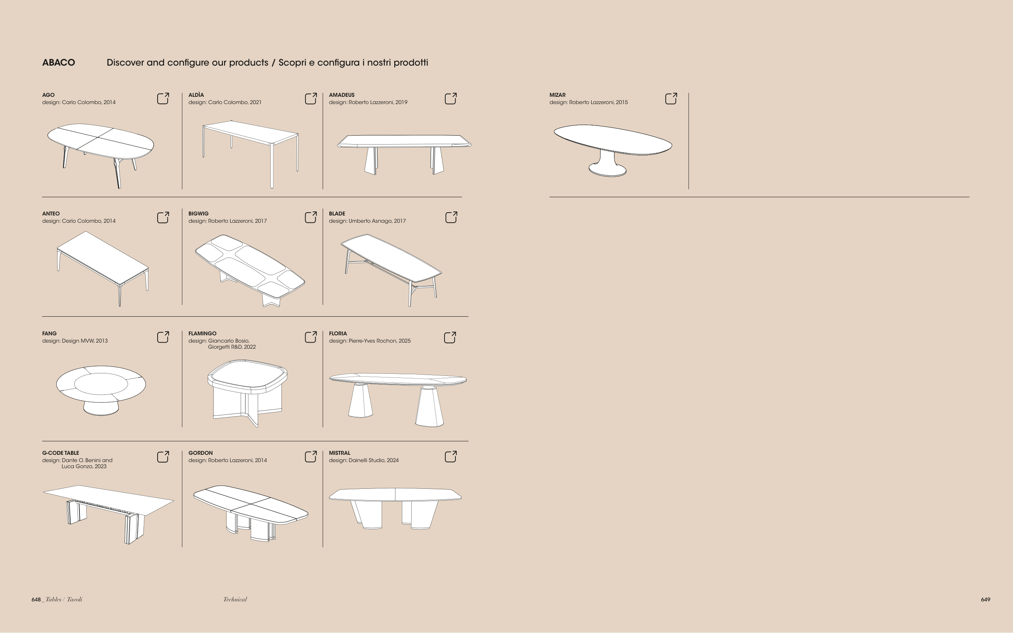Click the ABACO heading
pyautogui.click(x=59, y=63)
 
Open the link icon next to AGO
pyautogui.click(x=163, y=98)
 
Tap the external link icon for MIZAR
pyautogui.click(x=671, y=98)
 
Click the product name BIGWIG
pyautogui.click(x=199, y=213)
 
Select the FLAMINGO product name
pyautogui.click(x=202, y=334)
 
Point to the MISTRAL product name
pyautogui.click(x=340, y=453)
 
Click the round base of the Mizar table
pyautogui.click(x=607, y=170)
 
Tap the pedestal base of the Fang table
pyautogui.click(x=101, y=407)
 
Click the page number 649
pyautogui.click(x=985, y=599)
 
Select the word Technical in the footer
pyautogui.click(x=235, y=599)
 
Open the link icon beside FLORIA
pyautogui.click(x=450, y=337)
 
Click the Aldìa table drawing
pyautogui.click(x=250, y=154)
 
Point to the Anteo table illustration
pyautogui.click(x=103, y=269)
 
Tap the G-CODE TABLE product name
pyautogui.click(x=60, y=453)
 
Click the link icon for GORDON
pyautogui.click(x=311, y=456)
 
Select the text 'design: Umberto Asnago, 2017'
pyautogui.click(x=367, y=221)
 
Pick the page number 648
pyautogui.click(x=36, y=599)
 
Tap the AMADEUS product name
pyautogui.click(x=342, y=95)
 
